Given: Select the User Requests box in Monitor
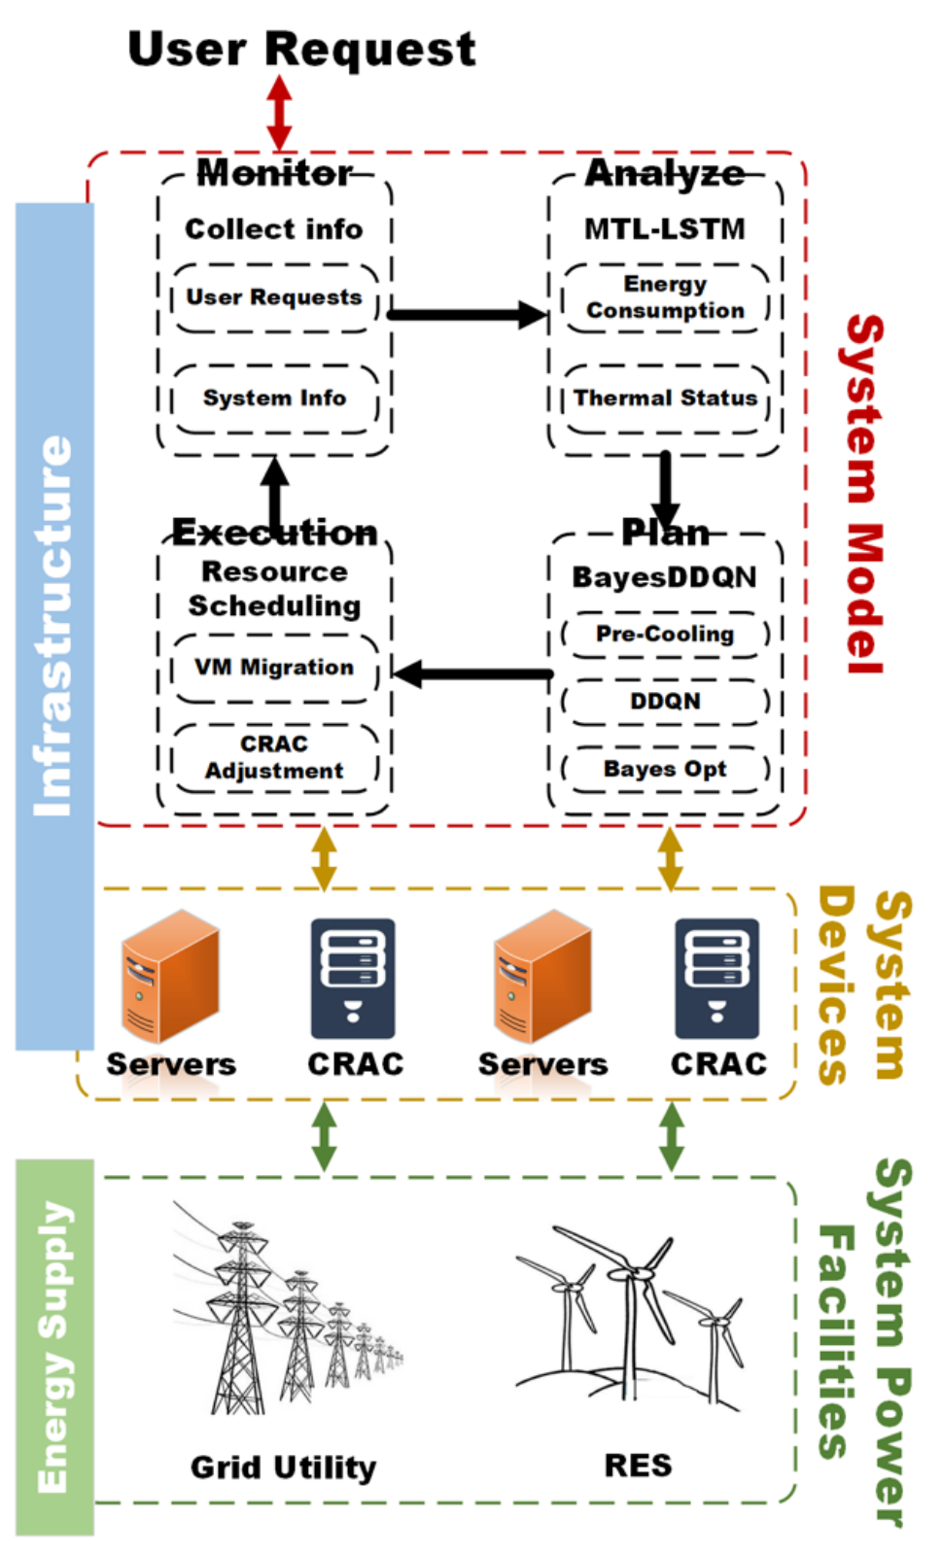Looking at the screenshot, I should (274, 297).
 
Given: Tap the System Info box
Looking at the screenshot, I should (274, 398).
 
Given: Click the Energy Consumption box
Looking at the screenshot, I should (665, 297).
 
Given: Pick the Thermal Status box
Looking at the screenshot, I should (665, 398).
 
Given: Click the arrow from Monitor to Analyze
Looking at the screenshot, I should (467, 314).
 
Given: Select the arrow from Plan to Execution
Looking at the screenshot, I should (472, 673).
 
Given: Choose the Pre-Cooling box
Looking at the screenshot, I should (665, 634).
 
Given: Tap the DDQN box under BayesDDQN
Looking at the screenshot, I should (665, 701).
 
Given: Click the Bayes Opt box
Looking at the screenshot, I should (665, 769).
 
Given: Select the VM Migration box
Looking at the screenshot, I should (274, 668).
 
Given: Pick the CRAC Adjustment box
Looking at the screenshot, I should (274, 757).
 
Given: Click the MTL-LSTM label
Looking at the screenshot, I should (665, 229).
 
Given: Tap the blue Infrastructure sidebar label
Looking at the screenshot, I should (54, 626).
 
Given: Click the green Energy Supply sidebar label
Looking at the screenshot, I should (54, 1346).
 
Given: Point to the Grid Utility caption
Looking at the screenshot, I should (283, 1467).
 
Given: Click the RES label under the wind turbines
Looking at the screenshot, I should (638, 1465).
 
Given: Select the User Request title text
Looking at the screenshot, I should (301, 49).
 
